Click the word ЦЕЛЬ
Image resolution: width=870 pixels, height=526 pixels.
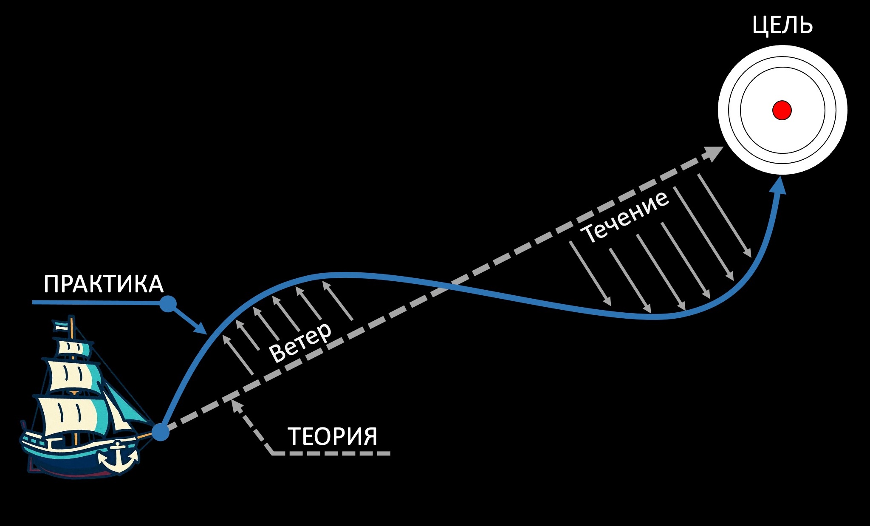(x=782, y=25)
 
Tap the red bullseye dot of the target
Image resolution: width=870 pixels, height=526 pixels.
(x=782, y=110)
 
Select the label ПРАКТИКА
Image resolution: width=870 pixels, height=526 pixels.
(x=103, y=284)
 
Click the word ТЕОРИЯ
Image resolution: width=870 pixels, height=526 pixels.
(x=332, y=436)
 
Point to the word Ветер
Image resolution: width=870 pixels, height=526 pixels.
(x=300, y=342)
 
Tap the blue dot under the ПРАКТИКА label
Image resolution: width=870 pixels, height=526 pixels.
(x=168, y=303)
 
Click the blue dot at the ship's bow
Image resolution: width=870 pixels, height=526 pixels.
(x=160, y=432)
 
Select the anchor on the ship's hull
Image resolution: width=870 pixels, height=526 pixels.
(x=118, y=457)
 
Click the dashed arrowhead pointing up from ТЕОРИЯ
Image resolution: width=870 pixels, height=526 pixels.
(x=236, y=404)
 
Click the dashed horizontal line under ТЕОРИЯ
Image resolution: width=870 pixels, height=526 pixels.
(x=331, y=453)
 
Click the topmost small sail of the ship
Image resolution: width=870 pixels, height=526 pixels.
(x=74, y=348)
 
